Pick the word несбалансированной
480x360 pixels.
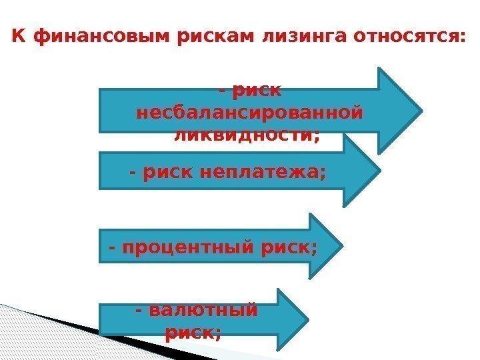pyautogui.click(x=249, y=112)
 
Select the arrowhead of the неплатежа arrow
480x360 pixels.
pyautogui.click(x=363, y=171)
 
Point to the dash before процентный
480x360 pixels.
pyautogui.click(x=111, y=248)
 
